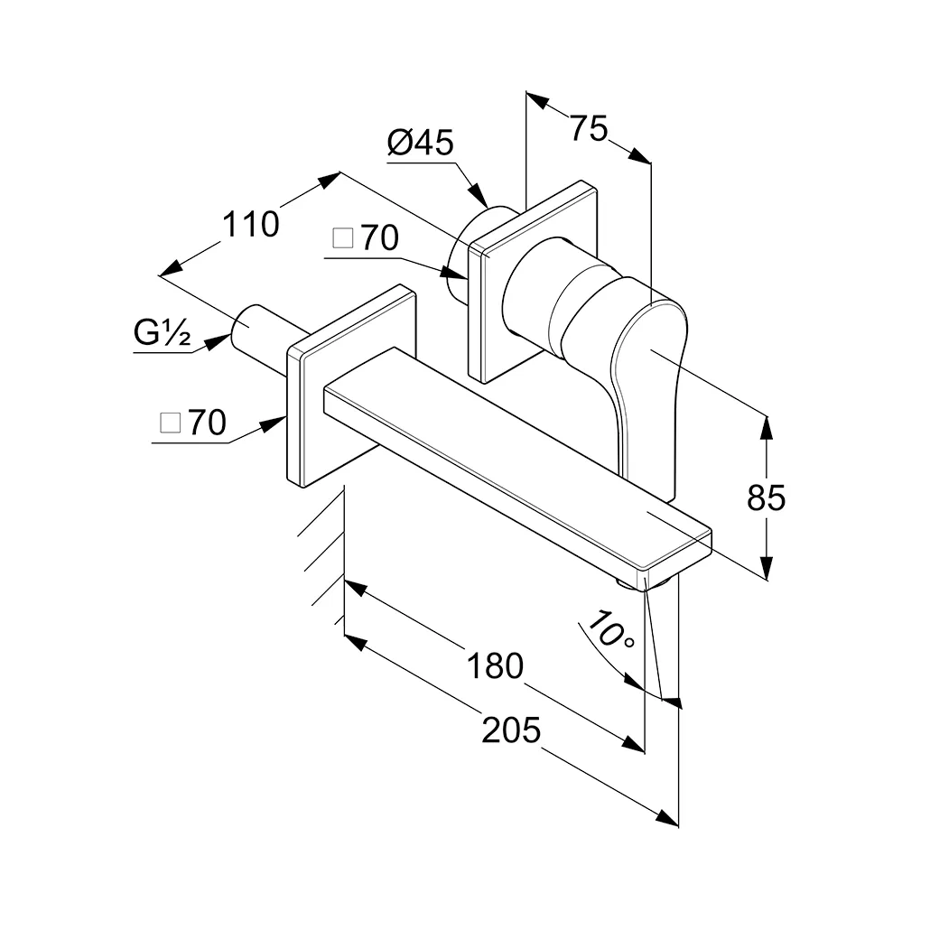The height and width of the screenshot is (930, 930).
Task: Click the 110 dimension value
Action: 251,223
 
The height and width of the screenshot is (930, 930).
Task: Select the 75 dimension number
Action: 588,127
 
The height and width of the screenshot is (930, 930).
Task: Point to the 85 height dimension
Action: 767,498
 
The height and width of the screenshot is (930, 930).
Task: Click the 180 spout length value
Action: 496,665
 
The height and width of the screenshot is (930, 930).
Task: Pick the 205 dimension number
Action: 510,730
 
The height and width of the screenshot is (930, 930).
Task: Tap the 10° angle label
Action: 612,629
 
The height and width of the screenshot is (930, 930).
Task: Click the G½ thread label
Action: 163,335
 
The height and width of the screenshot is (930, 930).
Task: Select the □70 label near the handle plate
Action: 366,238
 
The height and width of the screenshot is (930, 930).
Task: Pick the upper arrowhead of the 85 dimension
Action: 767,424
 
